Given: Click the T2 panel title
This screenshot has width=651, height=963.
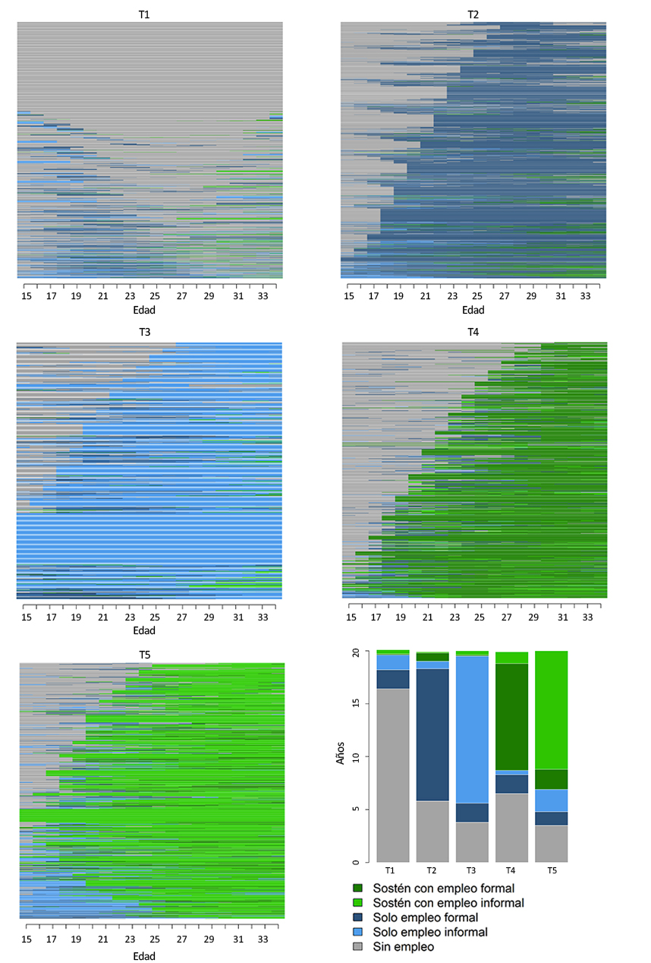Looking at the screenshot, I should [473, 14].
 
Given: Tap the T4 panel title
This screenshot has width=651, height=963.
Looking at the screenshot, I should [473, 333].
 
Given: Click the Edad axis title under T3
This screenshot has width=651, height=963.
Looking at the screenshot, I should [144, 631].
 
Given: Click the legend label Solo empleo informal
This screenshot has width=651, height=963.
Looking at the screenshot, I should [430, 932].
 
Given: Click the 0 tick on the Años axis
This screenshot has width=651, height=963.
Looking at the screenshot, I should [366, 862].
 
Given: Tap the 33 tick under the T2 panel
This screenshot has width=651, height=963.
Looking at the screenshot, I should [586, 295].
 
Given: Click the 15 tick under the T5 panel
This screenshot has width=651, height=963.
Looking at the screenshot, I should [26, 939].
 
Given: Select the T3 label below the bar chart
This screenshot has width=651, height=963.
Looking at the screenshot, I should [472, 870].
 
